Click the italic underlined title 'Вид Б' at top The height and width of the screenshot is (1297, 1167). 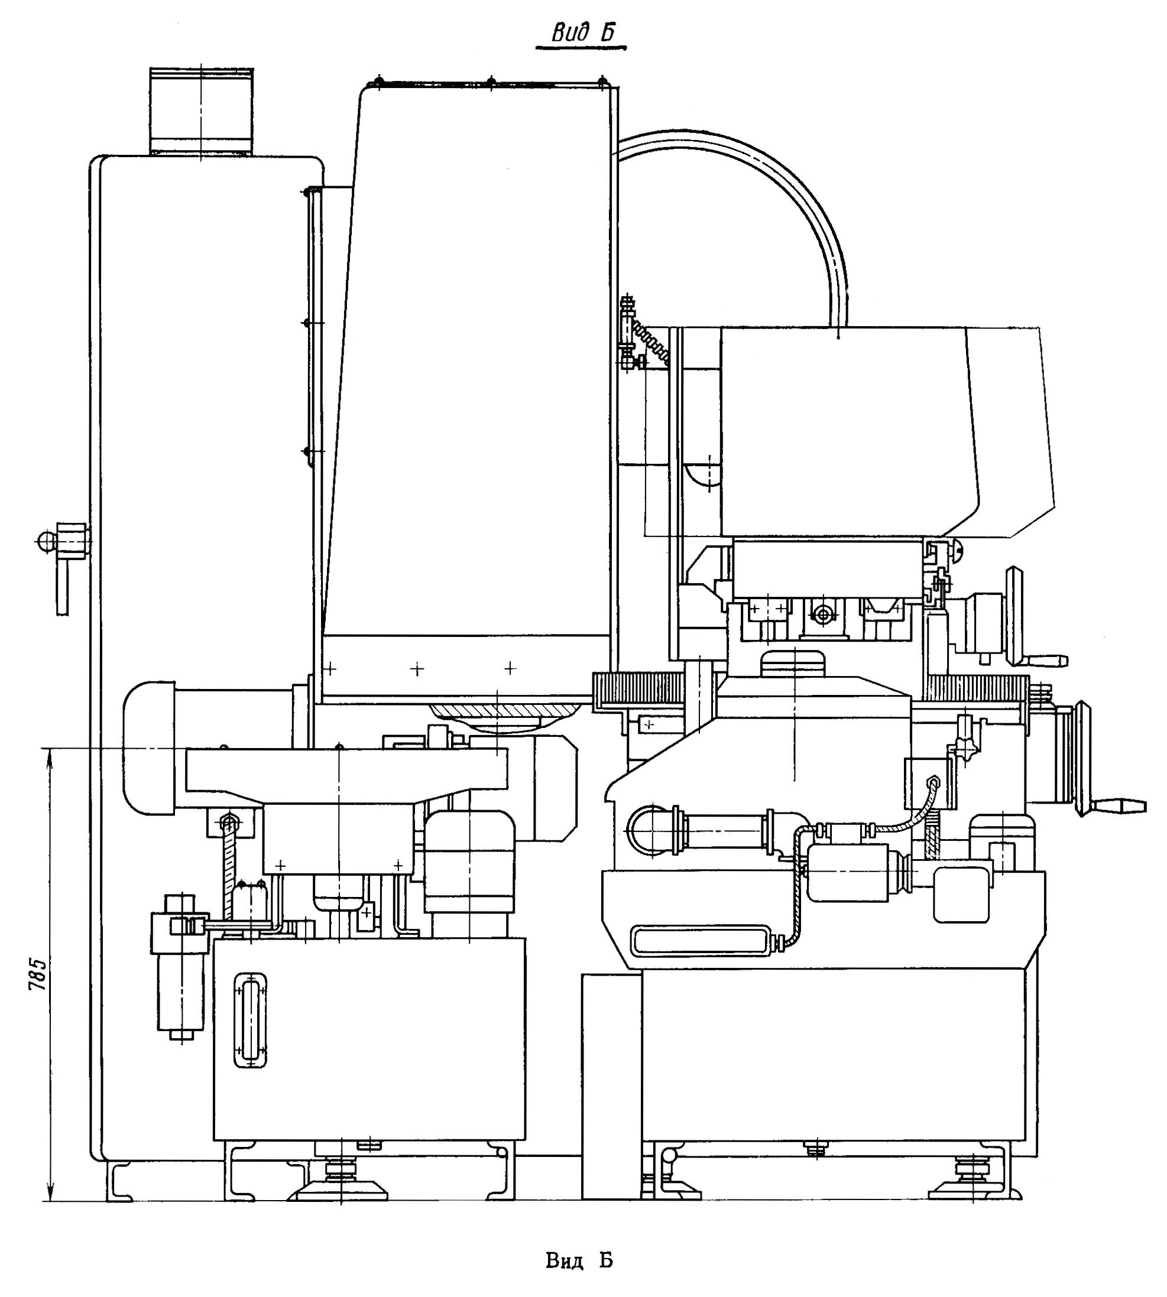tap(581, 33)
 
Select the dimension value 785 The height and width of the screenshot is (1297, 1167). tap(37, 974)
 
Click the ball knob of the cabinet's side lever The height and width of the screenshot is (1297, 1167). tap(46, 541)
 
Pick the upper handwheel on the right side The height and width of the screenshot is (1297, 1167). tap(1014, 615)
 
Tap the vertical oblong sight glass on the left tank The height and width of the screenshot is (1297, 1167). tap(251, 1021)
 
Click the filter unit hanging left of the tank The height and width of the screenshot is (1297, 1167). tap(180, 968)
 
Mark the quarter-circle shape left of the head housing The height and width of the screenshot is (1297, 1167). tap(702, 474)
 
